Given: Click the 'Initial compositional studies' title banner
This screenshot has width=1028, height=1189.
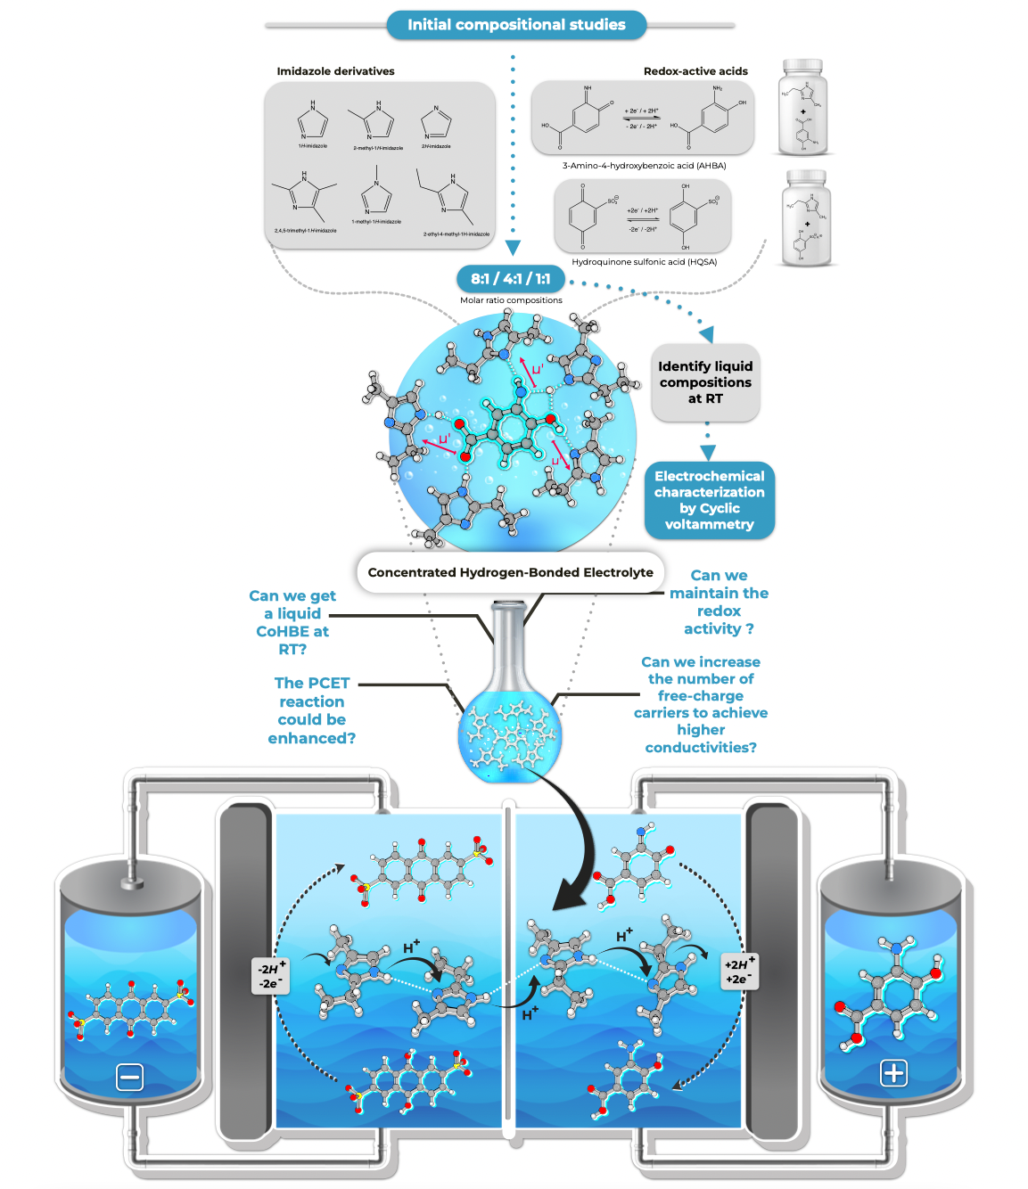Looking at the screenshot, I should pos(516,25).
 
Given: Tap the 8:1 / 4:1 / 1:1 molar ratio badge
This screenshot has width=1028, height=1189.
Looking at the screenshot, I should pos(511,279).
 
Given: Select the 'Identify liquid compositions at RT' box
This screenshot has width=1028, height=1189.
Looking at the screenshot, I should pos(705,382).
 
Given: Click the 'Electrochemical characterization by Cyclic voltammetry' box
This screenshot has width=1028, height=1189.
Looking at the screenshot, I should pos(709,500).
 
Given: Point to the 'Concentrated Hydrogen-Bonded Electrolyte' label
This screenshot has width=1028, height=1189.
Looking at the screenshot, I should pos(510,572).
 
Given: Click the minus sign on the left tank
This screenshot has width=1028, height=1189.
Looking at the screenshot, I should pos(130,1078).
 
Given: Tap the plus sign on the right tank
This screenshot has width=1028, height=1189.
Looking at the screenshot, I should pos(893,1073).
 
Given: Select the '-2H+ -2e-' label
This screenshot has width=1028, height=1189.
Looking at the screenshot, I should pos(270,976).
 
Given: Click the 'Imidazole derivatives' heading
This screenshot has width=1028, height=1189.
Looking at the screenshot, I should pos(335,71).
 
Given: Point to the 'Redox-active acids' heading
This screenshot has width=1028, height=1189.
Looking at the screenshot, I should pos(695,71).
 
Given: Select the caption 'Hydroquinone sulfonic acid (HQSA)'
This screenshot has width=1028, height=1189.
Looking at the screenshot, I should pos(644,262).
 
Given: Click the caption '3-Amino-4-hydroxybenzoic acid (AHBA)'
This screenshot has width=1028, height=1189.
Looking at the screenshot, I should pos(644,166).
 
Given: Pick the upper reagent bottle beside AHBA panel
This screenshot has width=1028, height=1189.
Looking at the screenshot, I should pos(802,108).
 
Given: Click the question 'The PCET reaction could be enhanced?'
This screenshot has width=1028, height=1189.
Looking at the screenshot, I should pos(311,710).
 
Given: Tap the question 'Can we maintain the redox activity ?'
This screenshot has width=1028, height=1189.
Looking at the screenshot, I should pos(719,602).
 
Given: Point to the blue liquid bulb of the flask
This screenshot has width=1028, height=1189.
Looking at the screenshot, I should pos(509,735).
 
